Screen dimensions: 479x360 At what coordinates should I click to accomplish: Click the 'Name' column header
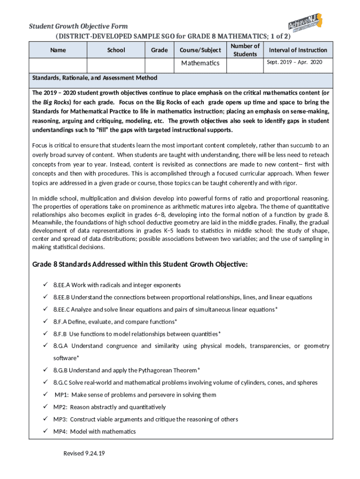(58, 50)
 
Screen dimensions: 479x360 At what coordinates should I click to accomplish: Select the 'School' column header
(116, 50)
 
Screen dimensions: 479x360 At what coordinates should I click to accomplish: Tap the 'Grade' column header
(159, 50)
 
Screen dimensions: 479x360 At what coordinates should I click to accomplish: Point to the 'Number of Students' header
(245, 50)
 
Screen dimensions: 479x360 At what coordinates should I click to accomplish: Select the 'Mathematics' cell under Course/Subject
(200, 63)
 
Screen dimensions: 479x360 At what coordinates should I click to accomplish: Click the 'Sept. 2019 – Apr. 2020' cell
(294, 62)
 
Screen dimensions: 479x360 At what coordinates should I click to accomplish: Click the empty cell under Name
(58, 65)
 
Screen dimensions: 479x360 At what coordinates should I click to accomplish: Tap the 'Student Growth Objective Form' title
(79, 26)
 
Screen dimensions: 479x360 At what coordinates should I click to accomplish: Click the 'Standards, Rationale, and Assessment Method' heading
(94, 78)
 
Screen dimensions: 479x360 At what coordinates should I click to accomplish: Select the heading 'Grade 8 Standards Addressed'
(139, 265)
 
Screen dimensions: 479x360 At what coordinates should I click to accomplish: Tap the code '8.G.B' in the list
(60, 370)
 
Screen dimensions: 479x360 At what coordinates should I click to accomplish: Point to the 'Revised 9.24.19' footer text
(85, 454)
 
